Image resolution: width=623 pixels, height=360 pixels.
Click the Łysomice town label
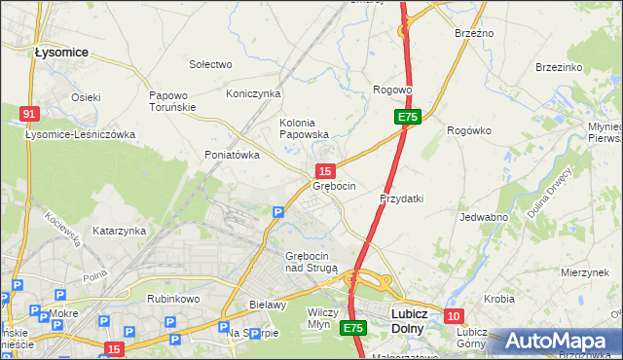(x=61, y=52)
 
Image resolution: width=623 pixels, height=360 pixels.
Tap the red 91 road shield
(x=28, y=114)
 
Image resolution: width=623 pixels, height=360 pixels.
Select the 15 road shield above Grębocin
(x=327, y=170)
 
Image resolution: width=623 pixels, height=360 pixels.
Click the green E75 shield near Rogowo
(x=407, y=117)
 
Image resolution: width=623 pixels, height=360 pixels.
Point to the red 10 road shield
(x=454, y=316)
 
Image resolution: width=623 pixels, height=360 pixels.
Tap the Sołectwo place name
(x=210, y=64)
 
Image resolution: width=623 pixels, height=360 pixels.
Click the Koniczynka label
(x=253, y=93)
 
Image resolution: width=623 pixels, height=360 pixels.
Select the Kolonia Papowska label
(x=304, y=128)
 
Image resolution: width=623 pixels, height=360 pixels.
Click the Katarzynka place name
(x=119, y=231)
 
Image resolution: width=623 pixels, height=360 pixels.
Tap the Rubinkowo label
(x=173, y=299)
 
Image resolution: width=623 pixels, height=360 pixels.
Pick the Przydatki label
(x=401, y=198)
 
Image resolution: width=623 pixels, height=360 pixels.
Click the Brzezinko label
(x=559, y=67)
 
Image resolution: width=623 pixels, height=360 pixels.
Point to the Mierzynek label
(x=584, y=273)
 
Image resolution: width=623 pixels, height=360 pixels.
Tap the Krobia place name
(x=499, y=298)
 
